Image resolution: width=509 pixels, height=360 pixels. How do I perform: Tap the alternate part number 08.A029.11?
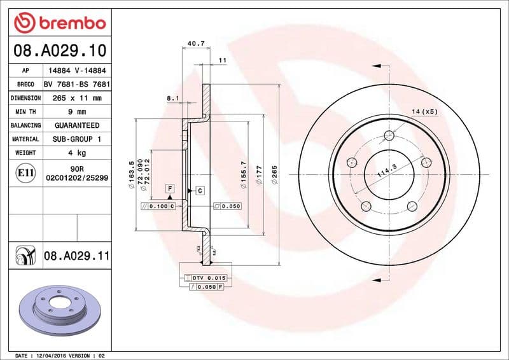tap(77, 256)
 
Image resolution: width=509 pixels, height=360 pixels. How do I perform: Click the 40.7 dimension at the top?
tap(196, 44)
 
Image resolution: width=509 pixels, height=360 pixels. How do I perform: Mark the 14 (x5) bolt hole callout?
tap(424, 112)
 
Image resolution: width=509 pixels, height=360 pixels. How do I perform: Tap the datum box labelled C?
tap(199, 190)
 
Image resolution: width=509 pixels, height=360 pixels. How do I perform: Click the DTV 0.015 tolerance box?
tap(207, 279)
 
